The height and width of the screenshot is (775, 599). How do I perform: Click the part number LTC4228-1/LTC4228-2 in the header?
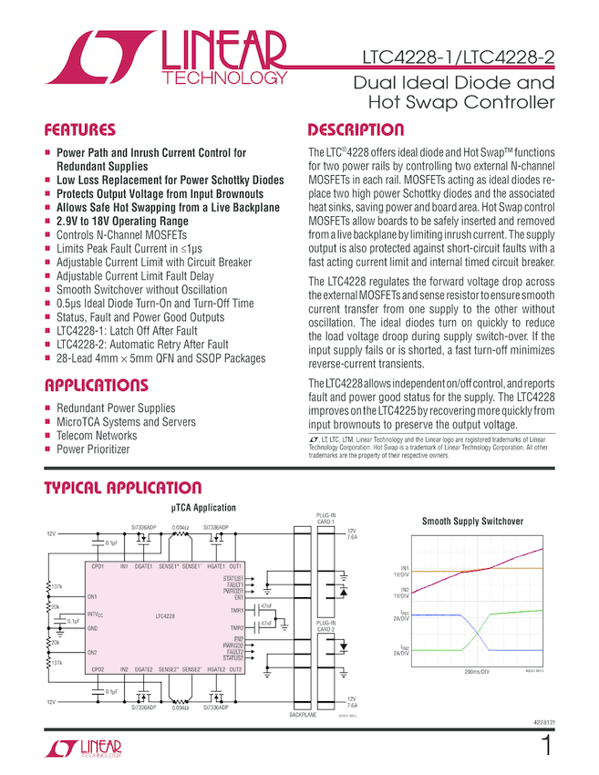pyautogui.click(x=452, y=58)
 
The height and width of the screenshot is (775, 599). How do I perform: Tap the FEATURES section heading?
pyautogui.click(x=80, y=129)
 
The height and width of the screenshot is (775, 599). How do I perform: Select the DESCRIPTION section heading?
pyautogui.click(x=356, y=129)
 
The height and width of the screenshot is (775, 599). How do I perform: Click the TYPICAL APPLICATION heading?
pyautogui.click(x=123, y=489)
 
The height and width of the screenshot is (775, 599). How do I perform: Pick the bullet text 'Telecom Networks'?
pyautogui.click(x=97, y=435)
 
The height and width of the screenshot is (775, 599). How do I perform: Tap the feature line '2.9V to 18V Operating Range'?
pyautogui.click(x=122, y=222)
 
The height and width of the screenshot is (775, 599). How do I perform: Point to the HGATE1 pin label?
pyautogui.click(x=216, y=566)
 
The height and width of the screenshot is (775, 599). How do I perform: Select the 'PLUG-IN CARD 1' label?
pyautogui.click(x=326, y=519)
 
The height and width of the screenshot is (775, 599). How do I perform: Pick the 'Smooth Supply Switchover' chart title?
pyautogui.click(x=472, y=522)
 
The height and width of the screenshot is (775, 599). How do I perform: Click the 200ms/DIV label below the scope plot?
pyautogui.click(x=477, y=670)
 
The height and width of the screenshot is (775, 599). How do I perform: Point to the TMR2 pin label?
pyautogui.click(x=236, y=628)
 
